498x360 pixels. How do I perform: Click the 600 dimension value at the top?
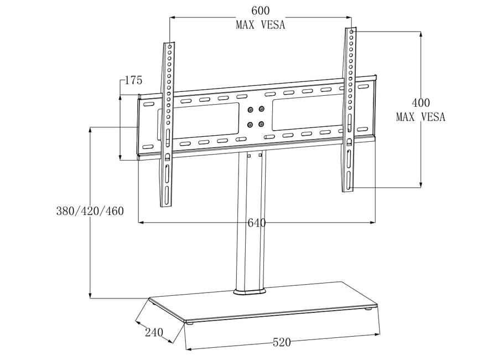260,11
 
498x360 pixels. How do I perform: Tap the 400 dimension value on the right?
421,103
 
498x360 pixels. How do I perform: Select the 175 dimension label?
133,80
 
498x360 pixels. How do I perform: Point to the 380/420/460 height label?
90,211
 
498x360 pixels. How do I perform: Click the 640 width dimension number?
256,223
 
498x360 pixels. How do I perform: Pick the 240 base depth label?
154,332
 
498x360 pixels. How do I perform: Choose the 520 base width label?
282,343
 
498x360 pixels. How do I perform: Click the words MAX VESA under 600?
260,25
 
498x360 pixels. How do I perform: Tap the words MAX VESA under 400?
421,117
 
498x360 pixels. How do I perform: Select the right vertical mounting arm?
349,111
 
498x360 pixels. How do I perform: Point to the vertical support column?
250,222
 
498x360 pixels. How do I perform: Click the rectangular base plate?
266,302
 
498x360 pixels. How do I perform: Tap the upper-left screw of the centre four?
250,110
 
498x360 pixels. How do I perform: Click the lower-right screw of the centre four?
261,124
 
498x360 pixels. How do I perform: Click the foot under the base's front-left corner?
190,323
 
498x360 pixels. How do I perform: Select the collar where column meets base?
250,291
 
